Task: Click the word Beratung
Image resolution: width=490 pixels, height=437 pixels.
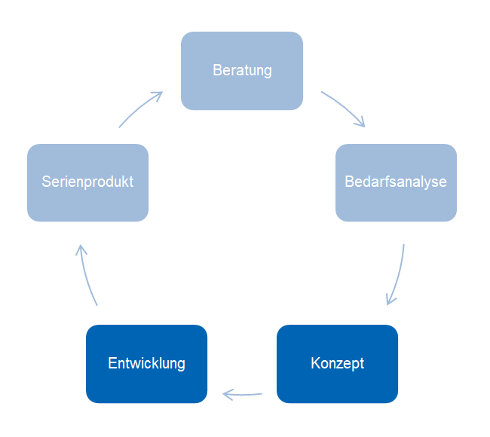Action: pos(242,71)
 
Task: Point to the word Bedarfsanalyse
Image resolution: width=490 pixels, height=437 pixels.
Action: pos(396,182)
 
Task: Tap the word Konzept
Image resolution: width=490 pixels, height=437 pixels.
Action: pos(337,363)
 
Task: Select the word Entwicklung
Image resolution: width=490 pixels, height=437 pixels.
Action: pos(146,363)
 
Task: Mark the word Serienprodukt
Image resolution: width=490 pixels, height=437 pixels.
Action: pos(87,182)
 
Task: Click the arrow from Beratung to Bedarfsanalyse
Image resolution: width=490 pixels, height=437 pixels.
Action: pos(343,107)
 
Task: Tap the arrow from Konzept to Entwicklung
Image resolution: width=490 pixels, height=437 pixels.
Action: pos(243,393)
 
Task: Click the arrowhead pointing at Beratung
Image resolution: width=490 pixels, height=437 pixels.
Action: pos(159,94)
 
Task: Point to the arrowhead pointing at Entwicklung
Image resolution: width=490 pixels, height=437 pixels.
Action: pos(226,393)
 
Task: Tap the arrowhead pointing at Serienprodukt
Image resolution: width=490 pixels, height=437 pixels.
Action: pos(81,249)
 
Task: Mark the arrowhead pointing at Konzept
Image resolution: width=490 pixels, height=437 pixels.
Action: pos(390,301)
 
